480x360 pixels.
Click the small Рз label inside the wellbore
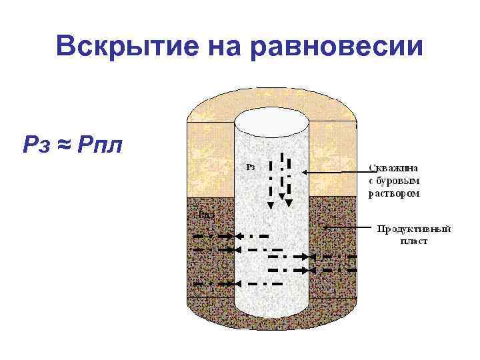coord(251,167)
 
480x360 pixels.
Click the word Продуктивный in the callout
coord(414,229)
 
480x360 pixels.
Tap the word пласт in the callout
coord(413,241)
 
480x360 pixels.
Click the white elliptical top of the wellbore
coord(272,122)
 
